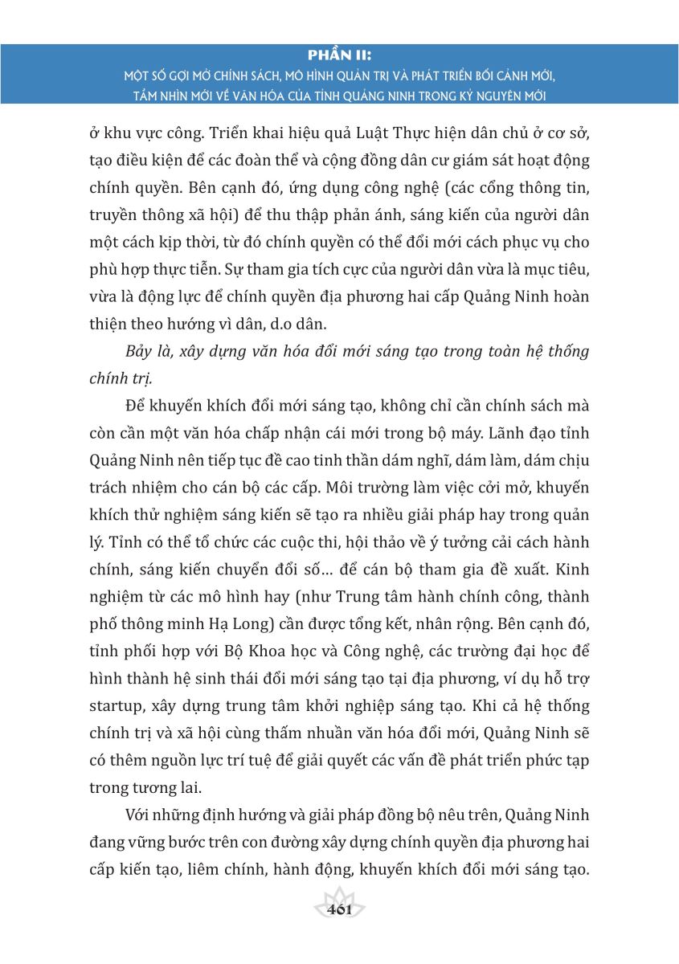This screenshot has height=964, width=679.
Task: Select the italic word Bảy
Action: pos(143,352)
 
